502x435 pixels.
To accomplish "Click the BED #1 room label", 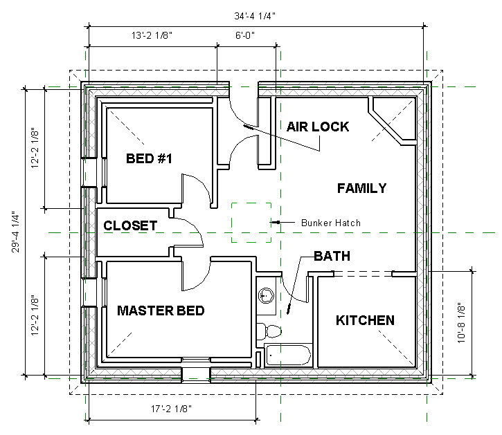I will tap(148, 158).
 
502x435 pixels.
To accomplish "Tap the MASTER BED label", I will tap(161, 311).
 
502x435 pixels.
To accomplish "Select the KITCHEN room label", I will tap(365, 320).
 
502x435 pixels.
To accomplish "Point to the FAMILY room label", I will tap(361, 188).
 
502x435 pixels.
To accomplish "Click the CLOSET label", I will tap(130, 225).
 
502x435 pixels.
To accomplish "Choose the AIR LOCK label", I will tap(318, 127).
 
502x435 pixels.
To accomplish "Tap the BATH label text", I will tap(332, 256).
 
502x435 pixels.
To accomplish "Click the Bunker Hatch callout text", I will tap(330, 223).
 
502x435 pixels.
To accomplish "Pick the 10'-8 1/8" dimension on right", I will tap(483, 322).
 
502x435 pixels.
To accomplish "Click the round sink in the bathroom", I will tap(266, 296).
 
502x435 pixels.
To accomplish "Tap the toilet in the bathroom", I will tap(269, 330).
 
